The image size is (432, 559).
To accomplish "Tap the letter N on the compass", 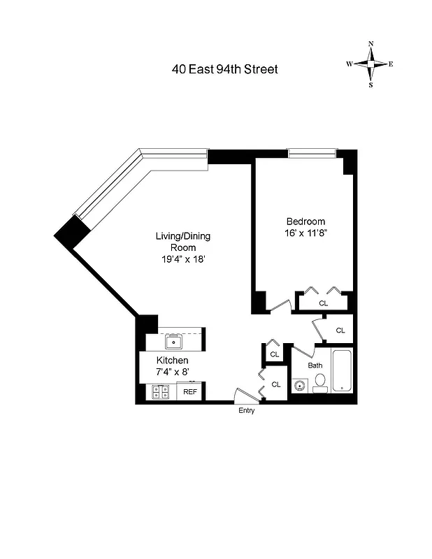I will coord(370,44).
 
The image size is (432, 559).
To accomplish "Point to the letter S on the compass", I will coord(370,85).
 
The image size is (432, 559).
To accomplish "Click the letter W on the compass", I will coord(348,64).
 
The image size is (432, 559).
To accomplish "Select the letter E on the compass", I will coord(391,64).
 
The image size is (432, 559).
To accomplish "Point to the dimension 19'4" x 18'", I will coord(182,259).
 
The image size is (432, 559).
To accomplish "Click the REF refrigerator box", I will coord(190,392).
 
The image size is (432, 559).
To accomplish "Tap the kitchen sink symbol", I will coord(173,342).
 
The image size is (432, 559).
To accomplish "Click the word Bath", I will coord(316,365).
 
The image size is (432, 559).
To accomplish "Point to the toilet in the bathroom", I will coord(320,382).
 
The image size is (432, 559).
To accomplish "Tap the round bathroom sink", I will coord(301,385).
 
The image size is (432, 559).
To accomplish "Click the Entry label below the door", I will coord(246,411).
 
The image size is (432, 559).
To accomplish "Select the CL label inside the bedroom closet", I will coord(324,303).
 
